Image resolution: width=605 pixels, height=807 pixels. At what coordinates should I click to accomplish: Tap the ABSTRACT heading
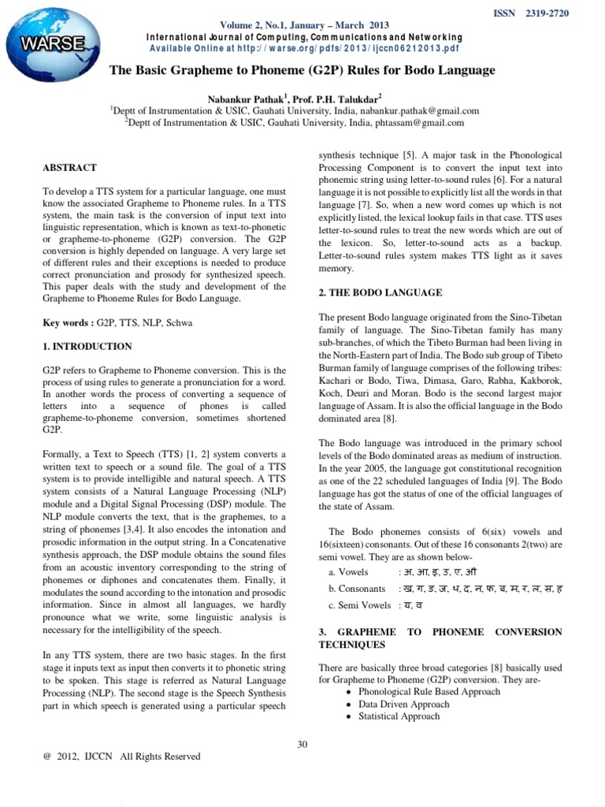[69, 168]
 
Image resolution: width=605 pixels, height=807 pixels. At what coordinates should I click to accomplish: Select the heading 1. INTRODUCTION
[87, 346]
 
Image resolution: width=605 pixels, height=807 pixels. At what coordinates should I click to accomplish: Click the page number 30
[302, 745]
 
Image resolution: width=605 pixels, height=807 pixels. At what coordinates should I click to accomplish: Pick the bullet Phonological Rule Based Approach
[429, 691]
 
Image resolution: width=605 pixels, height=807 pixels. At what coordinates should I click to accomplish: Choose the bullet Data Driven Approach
[403, 704]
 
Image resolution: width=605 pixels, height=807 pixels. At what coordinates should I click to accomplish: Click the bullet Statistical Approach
[399, 716]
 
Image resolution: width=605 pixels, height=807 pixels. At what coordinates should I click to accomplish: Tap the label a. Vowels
[347, 571]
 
